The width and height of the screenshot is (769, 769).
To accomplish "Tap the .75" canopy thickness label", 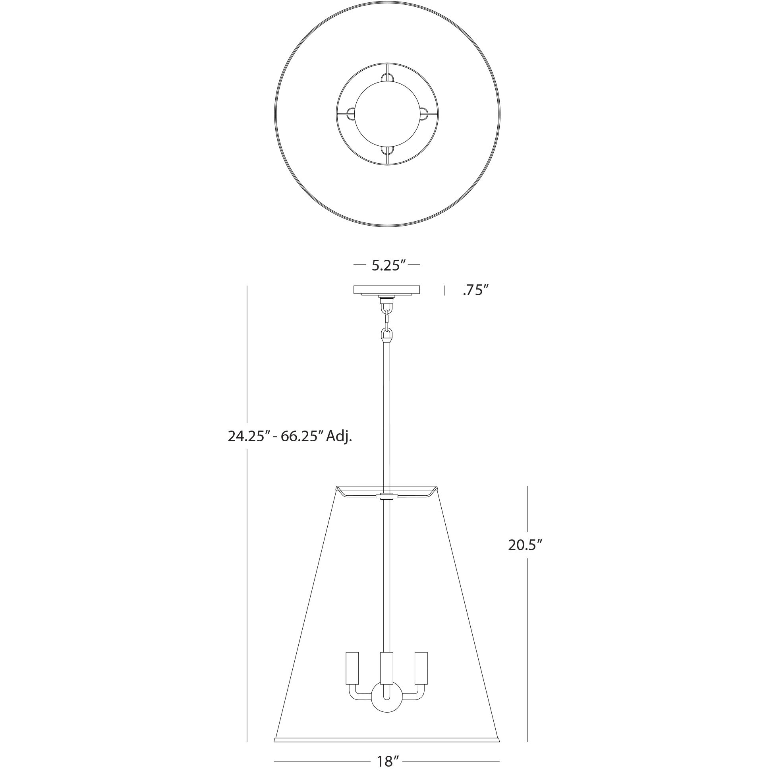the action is pos(475,291).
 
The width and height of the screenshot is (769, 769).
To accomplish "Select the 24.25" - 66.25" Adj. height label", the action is pos(290,437).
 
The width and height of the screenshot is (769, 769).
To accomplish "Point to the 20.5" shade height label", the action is pos(526,545).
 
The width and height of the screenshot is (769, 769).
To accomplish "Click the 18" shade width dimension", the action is pos(388,760).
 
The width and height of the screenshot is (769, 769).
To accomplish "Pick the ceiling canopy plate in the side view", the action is pos(386,290).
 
